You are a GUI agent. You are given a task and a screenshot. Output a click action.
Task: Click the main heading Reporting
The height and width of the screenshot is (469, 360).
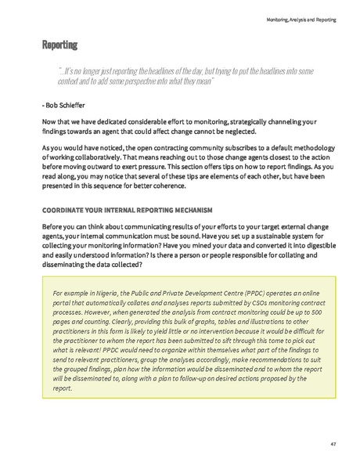(x=59, y=45)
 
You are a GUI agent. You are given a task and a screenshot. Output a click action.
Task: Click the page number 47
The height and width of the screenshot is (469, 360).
(x=333, y=445)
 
